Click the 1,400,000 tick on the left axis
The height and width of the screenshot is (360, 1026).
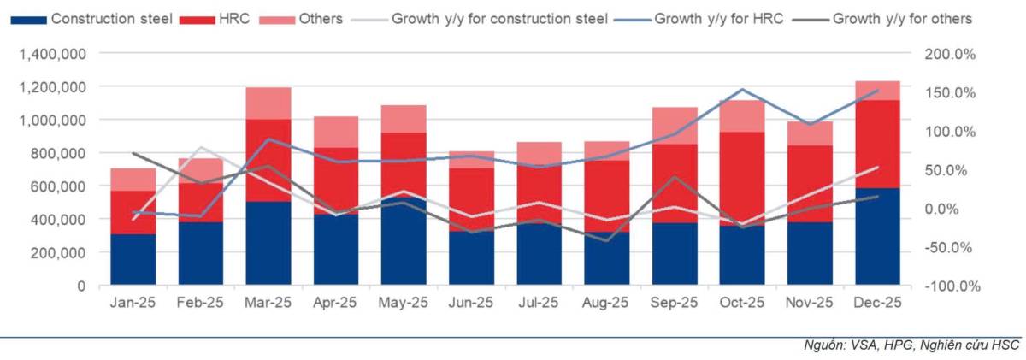[51, 54]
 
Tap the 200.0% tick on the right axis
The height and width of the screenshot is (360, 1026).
[952, 54]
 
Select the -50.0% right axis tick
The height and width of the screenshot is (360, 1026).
[952, 248]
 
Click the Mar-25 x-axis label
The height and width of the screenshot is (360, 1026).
[268, 303]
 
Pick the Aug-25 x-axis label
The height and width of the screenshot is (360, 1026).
[606, 303]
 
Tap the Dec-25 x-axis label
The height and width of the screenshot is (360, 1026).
[877, 303]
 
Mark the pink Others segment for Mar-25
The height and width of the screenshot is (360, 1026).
[268, 103]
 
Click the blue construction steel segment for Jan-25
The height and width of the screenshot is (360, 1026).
[133, 260]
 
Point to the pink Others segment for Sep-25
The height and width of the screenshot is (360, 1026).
[674, 125]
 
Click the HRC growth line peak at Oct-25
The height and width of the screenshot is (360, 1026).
[741, 89]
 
